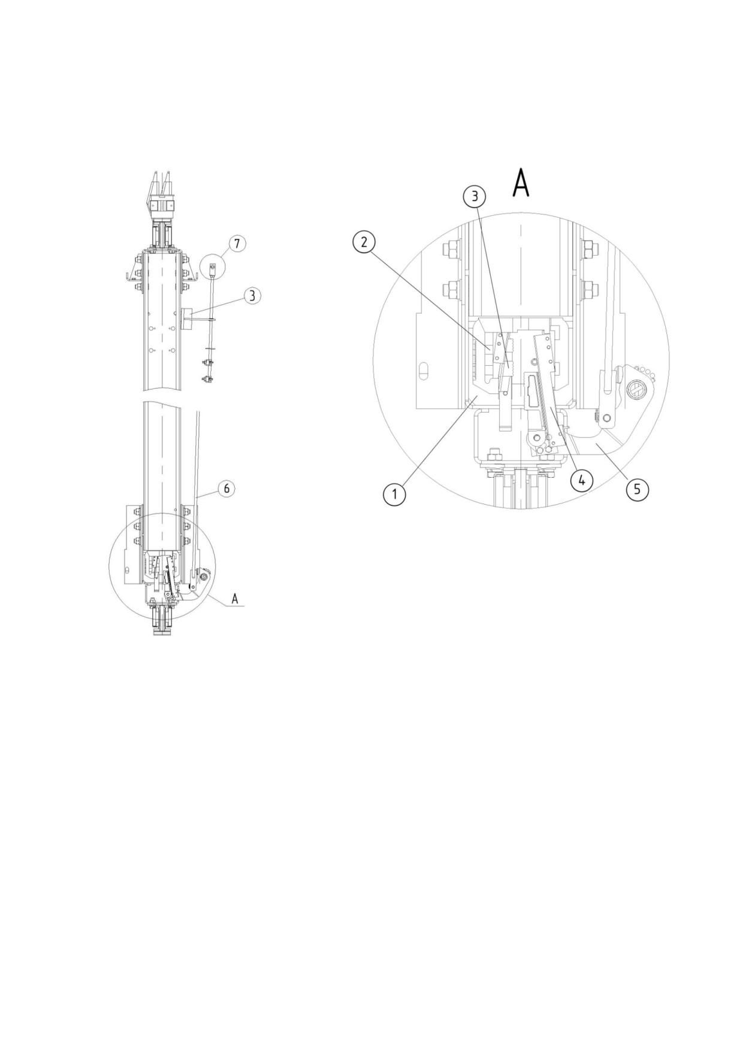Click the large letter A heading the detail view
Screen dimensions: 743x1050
(521, 182)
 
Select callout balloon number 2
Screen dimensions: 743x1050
(364, 242)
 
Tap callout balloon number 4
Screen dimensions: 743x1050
(582, 480)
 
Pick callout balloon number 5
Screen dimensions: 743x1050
(637, 489)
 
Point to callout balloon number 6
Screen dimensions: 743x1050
(226, 488)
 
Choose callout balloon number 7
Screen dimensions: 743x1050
(237, 244)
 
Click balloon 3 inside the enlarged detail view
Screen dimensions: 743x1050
(475, 196)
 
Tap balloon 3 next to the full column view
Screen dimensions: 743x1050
(253, 295)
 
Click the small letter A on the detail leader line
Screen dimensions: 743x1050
(235, 598)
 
